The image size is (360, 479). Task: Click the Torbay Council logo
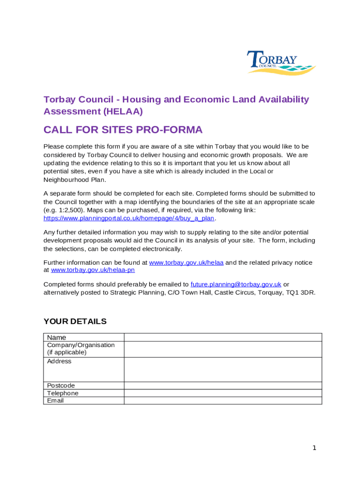tap(281, 63)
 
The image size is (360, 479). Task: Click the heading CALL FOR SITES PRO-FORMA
tap(123, 130)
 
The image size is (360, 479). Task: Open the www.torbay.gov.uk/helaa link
tap(186, 263)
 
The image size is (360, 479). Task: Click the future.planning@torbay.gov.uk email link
tap(236, 284)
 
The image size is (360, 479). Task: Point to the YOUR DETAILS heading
tap(75, 321)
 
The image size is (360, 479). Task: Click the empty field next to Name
tap(223, 337)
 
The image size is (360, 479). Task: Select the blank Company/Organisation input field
tap(223, 349)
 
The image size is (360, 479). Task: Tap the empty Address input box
tap(223, 370)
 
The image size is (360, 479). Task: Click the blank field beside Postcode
tap(223, 385)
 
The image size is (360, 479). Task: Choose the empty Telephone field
tap(223, 393)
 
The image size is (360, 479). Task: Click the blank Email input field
tap(223, 400)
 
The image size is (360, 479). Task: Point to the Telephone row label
tap(63, 393)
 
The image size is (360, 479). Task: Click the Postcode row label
tap(61, 385)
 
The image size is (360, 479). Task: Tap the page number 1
tap(315, 448)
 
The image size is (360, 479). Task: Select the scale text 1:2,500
tap(71, 210)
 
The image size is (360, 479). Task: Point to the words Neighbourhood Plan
tap(75, 180)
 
